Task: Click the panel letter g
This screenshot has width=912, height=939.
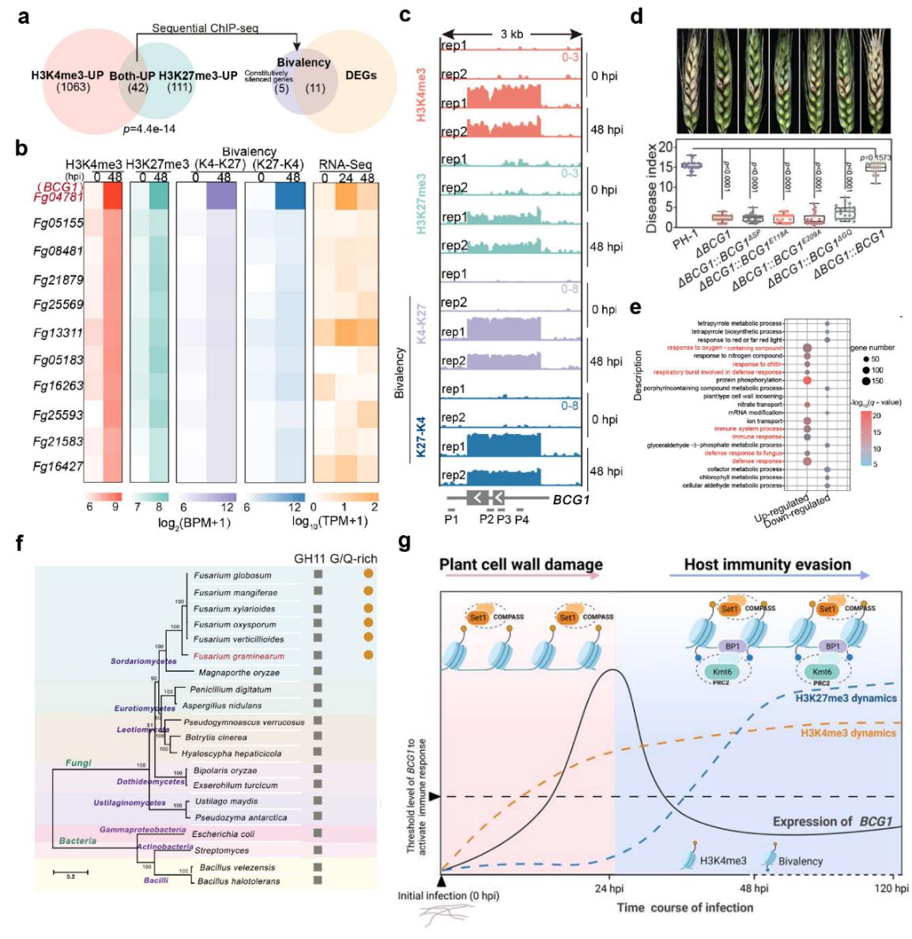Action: [x=405, y=543]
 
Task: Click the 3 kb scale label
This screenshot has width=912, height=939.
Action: [x=511, y=34]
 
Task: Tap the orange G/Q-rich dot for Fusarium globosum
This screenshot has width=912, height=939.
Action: [x=367, y=575]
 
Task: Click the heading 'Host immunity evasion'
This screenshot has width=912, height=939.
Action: [x=767, y=564]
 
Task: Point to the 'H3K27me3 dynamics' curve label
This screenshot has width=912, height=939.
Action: [x=845, y=698]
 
